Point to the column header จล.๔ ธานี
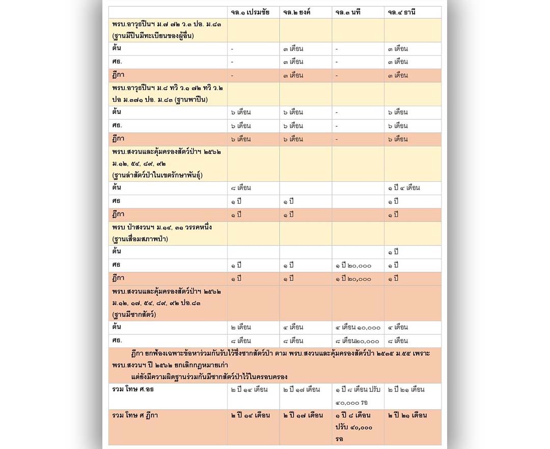(402, 12)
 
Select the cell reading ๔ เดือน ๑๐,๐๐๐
(358, 327)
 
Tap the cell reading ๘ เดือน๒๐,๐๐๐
(357, 341)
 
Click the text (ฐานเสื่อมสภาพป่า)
(140, 239)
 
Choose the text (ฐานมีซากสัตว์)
(134, 314)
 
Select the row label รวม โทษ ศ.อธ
(133, 389)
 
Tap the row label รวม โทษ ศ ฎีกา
(135, 415)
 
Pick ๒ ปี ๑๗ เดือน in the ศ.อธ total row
(301, 389)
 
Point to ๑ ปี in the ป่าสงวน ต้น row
(393, 252)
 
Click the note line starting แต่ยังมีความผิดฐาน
(209, 377)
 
